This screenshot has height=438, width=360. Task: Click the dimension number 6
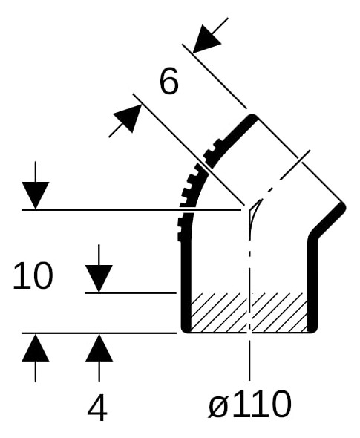[169, 81]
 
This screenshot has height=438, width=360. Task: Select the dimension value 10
[33, 275]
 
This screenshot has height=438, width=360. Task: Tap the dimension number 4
[97, 408]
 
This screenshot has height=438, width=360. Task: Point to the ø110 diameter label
[249, 404]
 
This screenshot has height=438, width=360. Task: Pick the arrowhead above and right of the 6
[206, 39]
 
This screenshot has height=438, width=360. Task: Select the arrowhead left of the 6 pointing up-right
[128, 118]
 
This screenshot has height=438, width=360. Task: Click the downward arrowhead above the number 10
[36, 195]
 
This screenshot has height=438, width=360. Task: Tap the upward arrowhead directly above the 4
[99, 347]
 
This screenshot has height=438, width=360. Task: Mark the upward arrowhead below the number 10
[36, 347]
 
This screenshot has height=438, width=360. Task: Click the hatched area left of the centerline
[219, 313]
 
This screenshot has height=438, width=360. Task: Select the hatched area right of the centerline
[279, 313]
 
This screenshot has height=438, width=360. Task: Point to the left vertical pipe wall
[186, 285]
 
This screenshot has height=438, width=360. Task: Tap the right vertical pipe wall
[312, 285]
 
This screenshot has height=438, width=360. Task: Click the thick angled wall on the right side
[328, 220]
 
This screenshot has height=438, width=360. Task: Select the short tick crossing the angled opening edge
[295, 165]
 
